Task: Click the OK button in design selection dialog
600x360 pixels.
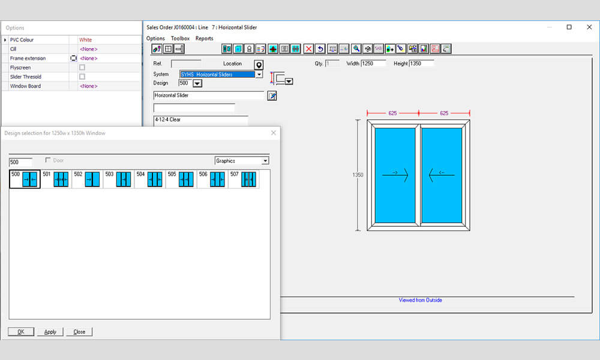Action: pyautogui.click(x=21, y=332)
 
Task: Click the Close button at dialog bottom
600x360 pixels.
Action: pyautogui.click(x=79, y=332)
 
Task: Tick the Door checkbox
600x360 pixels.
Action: pyautogui.click(x=49, y=160)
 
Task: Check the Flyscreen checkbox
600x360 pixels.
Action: pyautogui.click(x=82, y=68)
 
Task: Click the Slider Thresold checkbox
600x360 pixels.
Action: pyautogui.click(x=82, y=77)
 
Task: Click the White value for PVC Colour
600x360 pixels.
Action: pyautogui.click(x=86, y=40)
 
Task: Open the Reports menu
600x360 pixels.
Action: pyautogui.click(x=204, y=38)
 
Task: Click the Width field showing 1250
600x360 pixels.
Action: pyautogui.click(x=374, y=64)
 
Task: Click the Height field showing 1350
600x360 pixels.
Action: pyautogui.click(x=421, y=64)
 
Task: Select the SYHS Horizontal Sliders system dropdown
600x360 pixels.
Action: pyautogui.click(x=221, y=74)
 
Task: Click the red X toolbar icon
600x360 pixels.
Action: pyautogui.click(x=308, y=49)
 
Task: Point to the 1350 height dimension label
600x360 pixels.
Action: pyautogui.click(x=358, y=175)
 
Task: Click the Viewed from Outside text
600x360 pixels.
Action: pyautogui.click(x=420, y=300)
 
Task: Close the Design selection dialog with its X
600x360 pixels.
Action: pyautogui.click(x=274, y=133)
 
